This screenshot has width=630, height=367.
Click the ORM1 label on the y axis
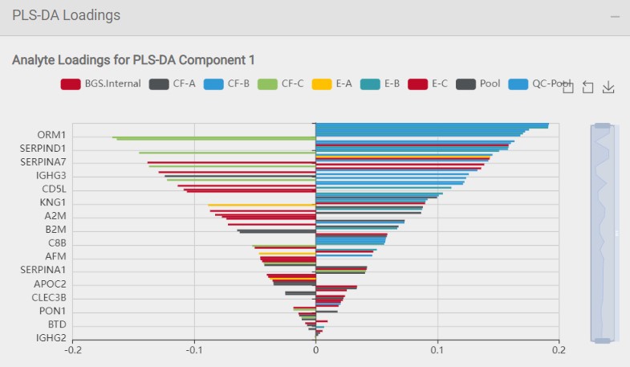[x=51, y=135]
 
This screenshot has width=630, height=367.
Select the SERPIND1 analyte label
[x=43, y=149]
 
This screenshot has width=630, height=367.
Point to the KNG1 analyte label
[x=52, y=202]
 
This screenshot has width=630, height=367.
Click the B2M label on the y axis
[x=55, y=230]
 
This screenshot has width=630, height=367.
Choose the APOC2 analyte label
[x=50, y=284]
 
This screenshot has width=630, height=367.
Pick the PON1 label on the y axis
[x=52, y=312]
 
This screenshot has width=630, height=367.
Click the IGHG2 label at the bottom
[x=51, y=339]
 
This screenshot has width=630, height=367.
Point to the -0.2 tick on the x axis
[x=73, y=350]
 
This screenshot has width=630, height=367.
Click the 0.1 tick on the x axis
[x=437, y=350]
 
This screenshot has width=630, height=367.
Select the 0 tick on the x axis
[x=315, y=350]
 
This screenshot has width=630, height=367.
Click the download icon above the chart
[x=608, y=88]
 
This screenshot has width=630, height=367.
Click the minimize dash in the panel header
[x=615, y=16]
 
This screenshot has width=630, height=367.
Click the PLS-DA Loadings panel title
[x=66, y=15]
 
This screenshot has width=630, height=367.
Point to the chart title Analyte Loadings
[x=133, y=60]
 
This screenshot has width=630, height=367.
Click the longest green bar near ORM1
[x=213, y=137]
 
